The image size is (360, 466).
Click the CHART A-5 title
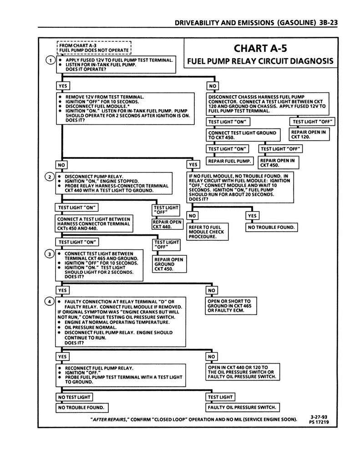(x=260, y=48)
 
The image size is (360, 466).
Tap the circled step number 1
(x=50, y=61)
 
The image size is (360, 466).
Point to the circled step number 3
(x=50, y=254)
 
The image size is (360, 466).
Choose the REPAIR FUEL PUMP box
(x=230, y=161)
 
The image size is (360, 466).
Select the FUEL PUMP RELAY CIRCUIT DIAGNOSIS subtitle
(x=260, y=61)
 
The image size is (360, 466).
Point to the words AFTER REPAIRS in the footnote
(x=109, y=419)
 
